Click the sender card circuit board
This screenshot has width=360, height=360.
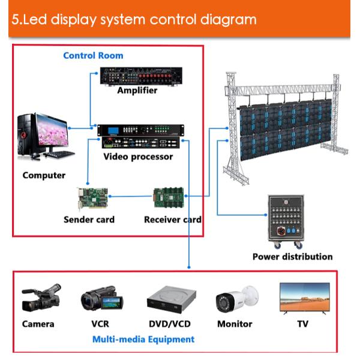(x=91, y=197)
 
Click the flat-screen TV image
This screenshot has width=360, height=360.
(x=305, y=297)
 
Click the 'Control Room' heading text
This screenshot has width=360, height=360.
(x=93, y=56)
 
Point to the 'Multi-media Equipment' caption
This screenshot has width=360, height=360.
(x=143, y=340)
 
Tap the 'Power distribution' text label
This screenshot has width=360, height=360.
(x=292, y=257)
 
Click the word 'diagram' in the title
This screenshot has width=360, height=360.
(x=225, y=19)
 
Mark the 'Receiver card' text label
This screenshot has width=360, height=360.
(x=173, y=220)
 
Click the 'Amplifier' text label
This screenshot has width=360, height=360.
(x=137, y=91)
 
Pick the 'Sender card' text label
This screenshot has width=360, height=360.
(x=89, y=220)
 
